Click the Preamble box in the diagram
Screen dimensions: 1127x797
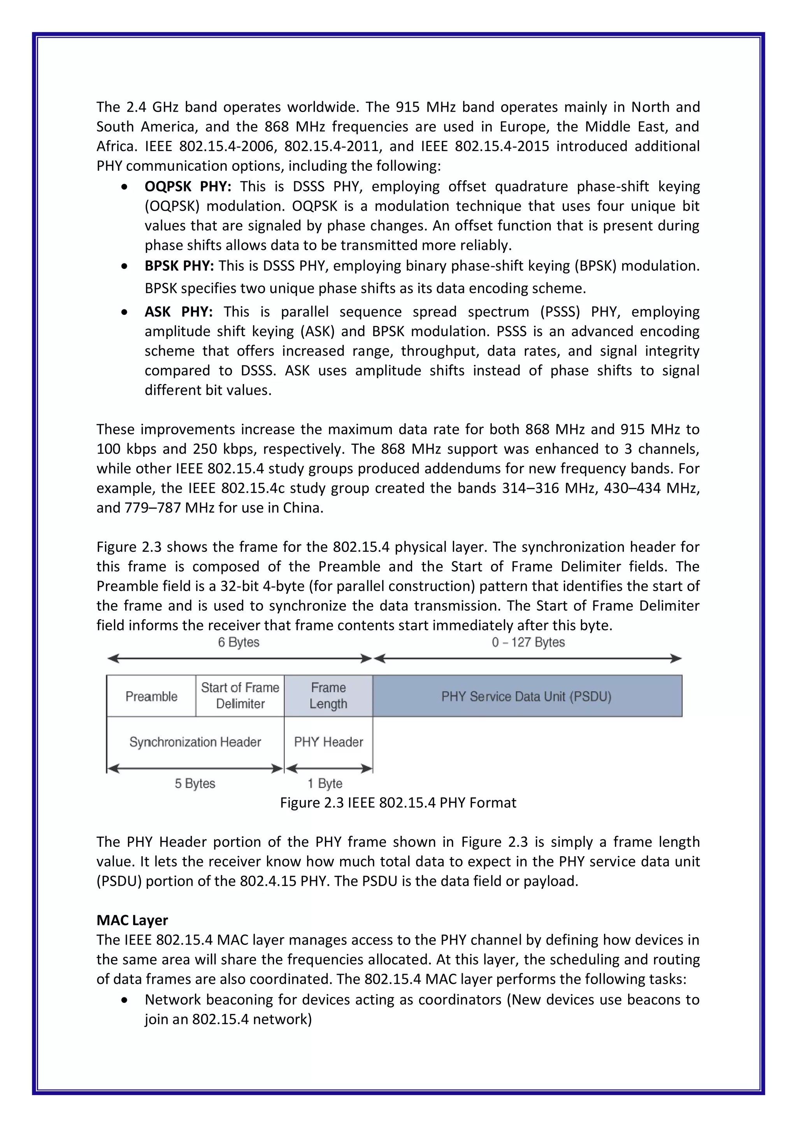click(x=151, y=696)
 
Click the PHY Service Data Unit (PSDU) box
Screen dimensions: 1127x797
click(x=527, y=696)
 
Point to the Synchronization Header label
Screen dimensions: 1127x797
click(x=195, y=742)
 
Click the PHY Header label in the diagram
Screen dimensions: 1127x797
click(x=328, y=742)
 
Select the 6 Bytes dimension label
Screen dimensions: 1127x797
click(x=239, y=642)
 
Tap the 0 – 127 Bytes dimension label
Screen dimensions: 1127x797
click(x=528, y=642)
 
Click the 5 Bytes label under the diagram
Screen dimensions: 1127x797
click(x=195, y=783)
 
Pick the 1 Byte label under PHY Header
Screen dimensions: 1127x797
click(x=325, y=783)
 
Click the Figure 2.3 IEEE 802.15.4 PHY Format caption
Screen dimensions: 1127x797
click(x=398, y=802)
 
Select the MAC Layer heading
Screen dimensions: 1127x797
click(x=132, y=920)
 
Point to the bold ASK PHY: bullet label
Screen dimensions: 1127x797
click(x=178, y=312)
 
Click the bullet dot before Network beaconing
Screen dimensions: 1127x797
click(x=125, y=1000)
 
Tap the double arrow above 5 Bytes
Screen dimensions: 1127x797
click(x=195, y=769)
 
